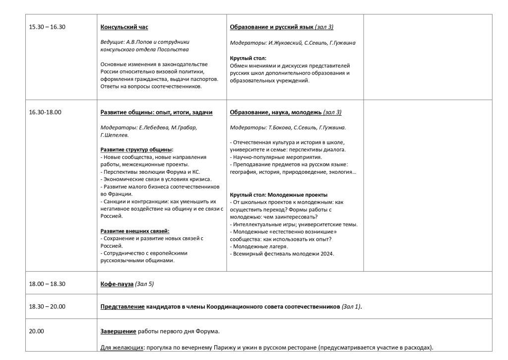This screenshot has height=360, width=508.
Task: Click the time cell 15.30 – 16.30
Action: pos(47,27)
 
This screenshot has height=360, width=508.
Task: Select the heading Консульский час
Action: pos(124,27)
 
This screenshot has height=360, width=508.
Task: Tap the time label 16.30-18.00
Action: pos(45,112)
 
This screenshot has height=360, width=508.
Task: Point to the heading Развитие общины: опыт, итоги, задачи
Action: pos(156,112)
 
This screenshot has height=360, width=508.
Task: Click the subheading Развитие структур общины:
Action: pos(137,149)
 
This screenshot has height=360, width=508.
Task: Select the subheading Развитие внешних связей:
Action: pos(135,231)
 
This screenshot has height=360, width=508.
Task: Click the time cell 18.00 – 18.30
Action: pos(47,284)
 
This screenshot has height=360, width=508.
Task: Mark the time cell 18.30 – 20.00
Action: pos(47,307)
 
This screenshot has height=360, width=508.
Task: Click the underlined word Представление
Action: pos(122,307)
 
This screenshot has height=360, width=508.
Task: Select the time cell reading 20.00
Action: pos(37,331)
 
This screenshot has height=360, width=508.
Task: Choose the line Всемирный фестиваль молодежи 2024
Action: pos(283,254)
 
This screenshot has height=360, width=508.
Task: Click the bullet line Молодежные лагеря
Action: pos(260,246)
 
